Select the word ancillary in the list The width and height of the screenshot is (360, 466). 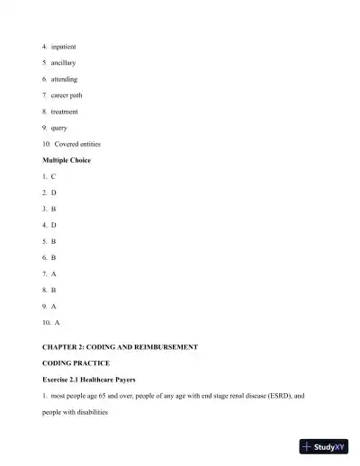63,62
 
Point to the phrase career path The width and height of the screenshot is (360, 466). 67,94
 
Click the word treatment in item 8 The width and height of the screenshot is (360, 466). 64,111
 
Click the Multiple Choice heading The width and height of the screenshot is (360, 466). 67,160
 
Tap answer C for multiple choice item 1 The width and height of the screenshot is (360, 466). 53,176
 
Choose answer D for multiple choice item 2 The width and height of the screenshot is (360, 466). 53,193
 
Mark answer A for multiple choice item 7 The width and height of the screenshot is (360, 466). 53,273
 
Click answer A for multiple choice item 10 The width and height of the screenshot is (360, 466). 57,321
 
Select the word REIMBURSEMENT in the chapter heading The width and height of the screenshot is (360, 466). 164,346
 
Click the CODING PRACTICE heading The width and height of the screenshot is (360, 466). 76,363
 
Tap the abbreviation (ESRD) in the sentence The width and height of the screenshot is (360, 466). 276,395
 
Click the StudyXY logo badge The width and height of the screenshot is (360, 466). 323,446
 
